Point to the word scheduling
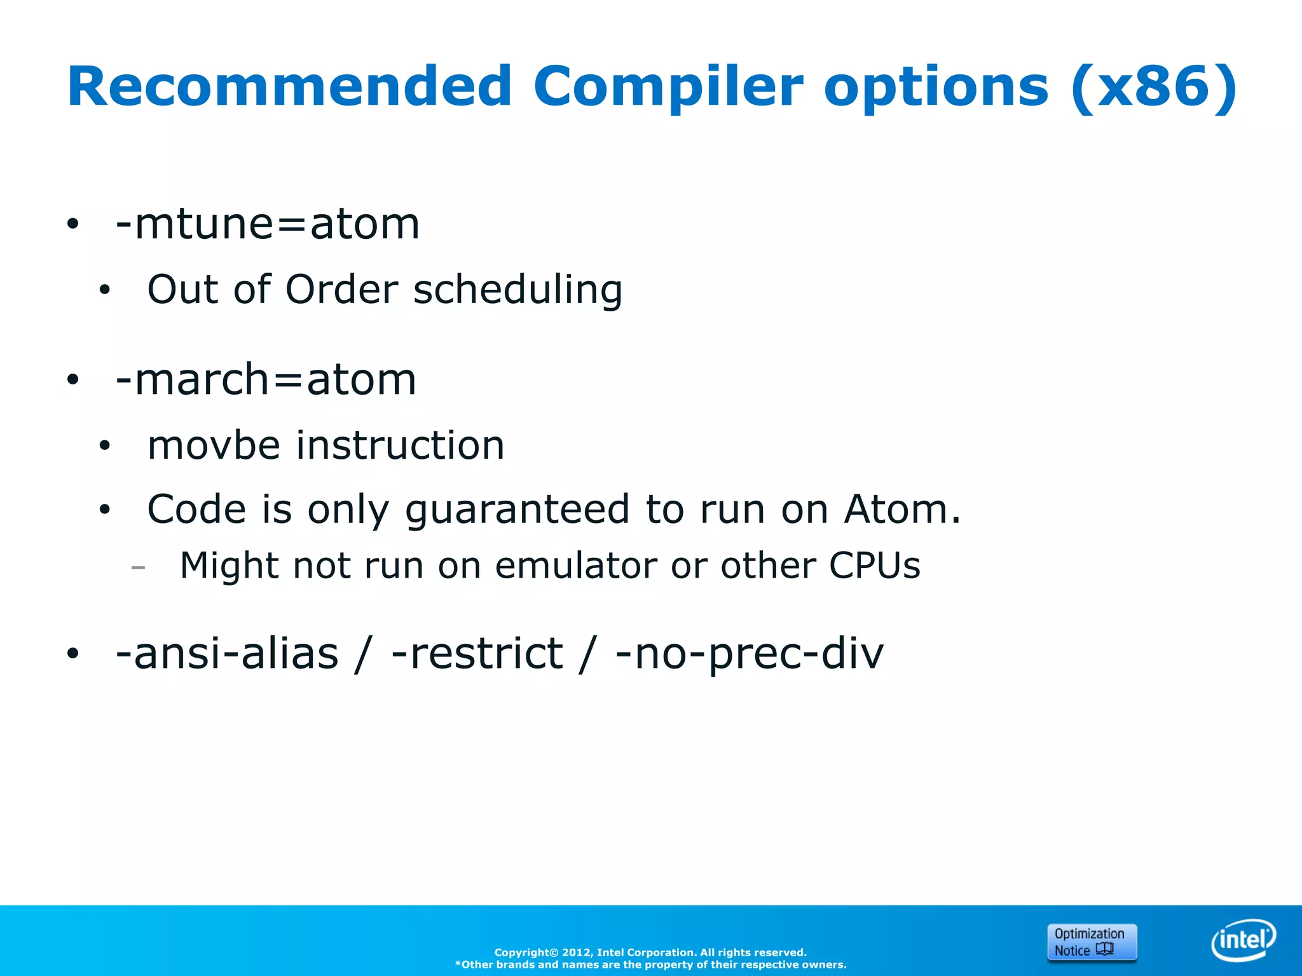(x=517, y=290)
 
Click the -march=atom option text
(x=266, y=379)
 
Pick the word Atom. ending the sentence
(x=902, y=510)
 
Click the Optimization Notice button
(x=1092, y=942)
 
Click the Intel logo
(x=1244, y=940)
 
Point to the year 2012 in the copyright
(x=576, y=952)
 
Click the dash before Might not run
(x=138, y=567)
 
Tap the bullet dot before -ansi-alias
(x=73, y=654)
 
